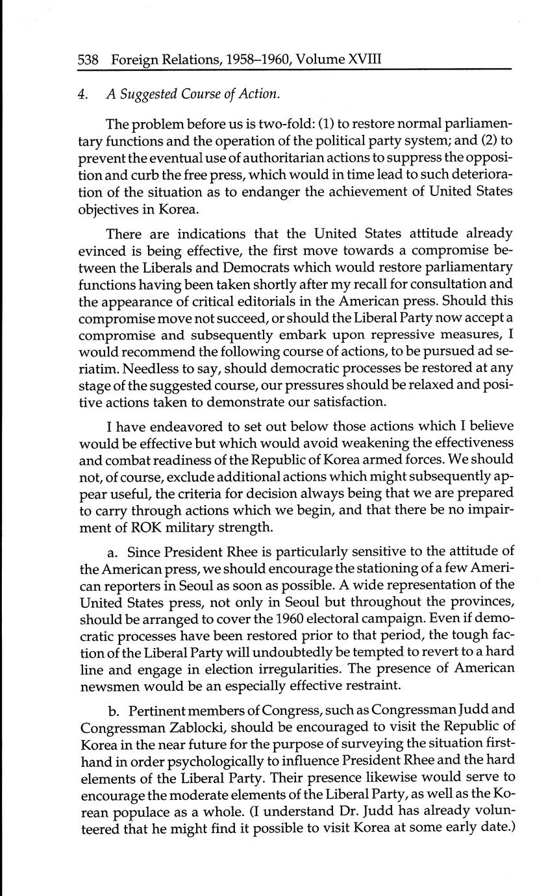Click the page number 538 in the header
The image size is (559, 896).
(88, 60)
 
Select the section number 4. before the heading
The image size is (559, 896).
(82, 94)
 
